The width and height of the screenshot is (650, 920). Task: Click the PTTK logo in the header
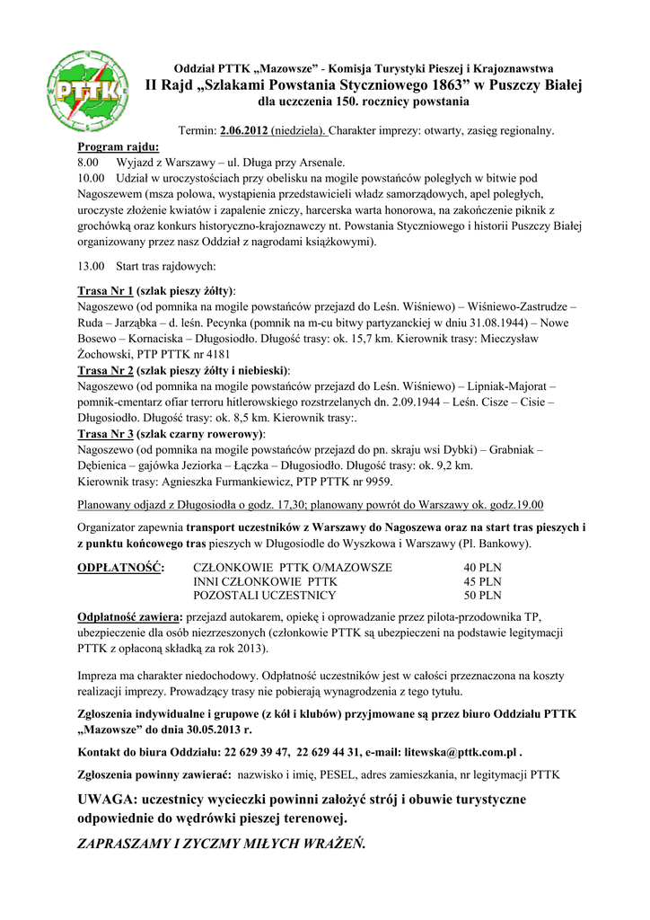86,90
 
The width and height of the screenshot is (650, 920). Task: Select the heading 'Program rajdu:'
119,146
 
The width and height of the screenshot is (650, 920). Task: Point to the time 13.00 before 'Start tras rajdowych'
92,266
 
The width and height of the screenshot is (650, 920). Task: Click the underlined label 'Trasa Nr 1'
105,290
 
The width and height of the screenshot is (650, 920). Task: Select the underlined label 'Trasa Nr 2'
105,370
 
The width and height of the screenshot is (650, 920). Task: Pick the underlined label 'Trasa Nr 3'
105,434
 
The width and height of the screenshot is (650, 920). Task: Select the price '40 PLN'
482,568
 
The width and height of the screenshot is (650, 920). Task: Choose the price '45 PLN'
482,581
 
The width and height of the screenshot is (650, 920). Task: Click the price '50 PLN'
482,595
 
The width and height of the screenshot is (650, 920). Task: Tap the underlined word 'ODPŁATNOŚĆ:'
121,568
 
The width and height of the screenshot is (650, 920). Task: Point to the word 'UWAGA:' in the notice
108,800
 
